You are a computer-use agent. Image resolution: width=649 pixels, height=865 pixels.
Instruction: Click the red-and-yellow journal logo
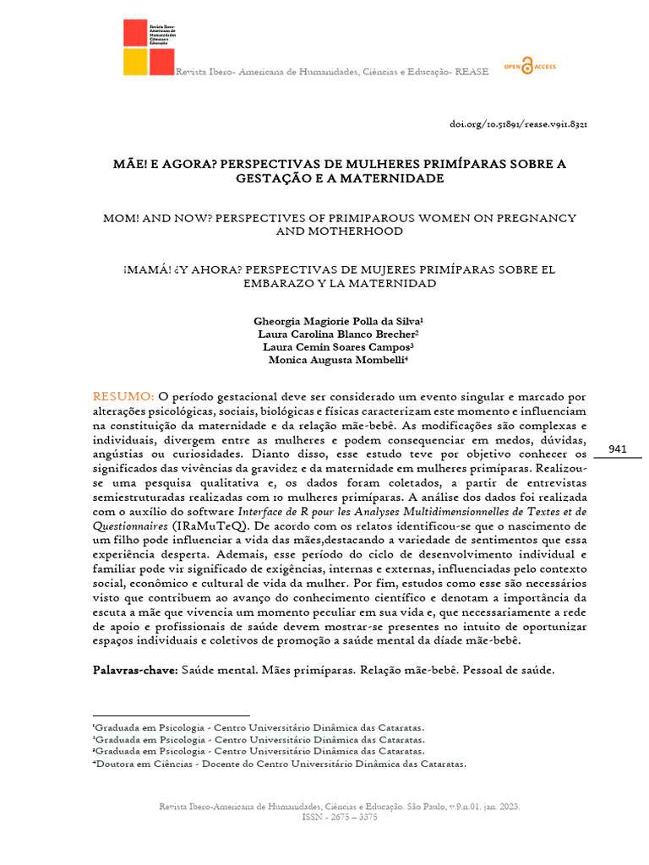(x=149, y=46)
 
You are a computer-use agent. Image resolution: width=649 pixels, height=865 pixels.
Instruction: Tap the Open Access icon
(x=529, y=67)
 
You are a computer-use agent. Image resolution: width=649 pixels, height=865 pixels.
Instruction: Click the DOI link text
(x=518, y=124)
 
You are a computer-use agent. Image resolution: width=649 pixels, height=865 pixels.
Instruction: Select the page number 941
(x=617, y=449)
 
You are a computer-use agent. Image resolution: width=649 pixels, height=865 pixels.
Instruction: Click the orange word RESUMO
(x=123, y=396)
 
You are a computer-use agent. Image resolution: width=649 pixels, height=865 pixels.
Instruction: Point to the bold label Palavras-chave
(x=135, y=670)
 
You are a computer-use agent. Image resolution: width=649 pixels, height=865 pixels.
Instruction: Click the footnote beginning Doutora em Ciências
(x=279, y=764)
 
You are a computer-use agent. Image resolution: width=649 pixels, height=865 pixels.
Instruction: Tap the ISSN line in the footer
(x=340, y=818)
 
